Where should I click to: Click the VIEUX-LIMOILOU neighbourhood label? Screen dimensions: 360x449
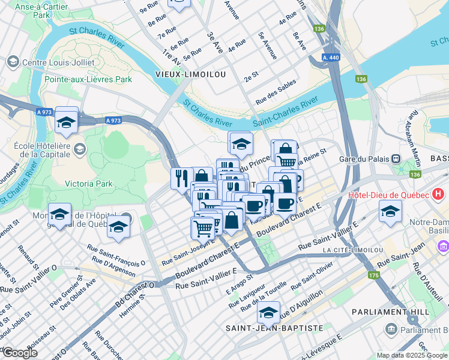point(182,74)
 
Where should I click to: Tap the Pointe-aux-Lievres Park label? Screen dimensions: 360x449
point(88,79)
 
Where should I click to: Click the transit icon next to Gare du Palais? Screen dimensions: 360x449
point(396,158)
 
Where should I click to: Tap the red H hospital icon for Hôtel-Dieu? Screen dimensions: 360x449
point(439,194)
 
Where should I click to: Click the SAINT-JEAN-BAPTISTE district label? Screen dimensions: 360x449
point(274,328)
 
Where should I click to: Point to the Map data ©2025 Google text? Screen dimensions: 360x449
point(412,355)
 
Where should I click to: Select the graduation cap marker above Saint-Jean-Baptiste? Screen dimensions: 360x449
point(268,312)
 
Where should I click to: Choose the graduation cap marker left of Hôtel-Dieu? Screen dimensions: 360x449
point(390,211)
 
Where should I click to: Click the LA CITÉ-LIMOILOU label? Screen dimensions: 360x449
point(352,250)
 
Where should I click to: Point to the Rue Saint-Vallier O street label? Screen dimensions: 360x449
point(28,289)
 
